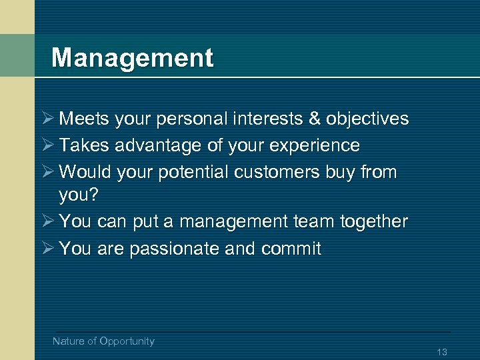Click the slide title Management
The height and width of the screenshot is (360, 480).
132,58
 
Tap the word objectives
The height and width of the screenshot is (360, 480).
367,119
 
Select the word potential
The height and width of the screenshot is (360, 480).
193,172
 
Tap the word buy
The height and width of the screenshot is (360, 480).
341,172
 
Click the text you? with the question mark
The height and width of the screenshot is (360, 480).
79,195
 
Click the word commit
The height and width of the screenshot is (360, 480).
291,249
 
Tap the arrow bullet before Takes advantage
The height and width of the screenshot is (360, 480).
46,145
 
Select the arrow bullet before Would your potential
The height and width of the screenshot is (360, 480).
46,172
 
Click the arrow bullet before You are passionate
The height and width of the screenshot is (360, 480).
46,249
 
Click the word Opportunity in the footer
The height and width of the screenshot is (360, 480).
127,341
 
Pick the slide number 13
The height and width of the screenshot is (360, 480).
441,352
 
